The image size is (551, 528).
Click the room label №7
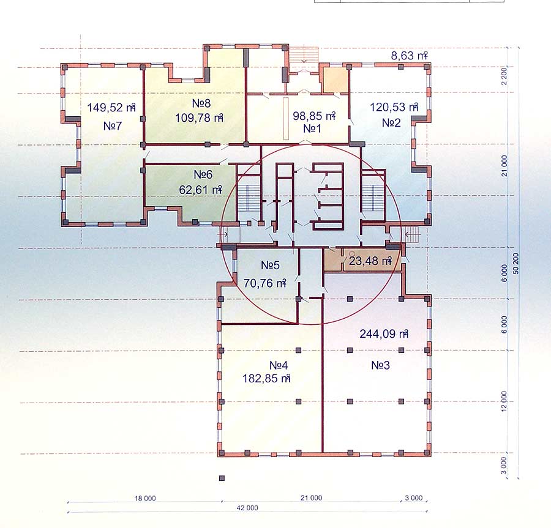click(x=113, y=125)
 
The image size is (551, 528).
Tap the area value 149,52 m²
click(x=111, y=108)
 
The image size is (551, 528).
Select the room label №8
click(x=201, y=103)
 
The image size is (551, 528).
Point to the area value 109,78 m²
click(x=199, y=117)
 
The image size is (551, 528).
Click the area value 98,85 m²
click(x=314, y=116)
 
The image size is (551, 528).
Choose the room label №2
click(x=391, y=123)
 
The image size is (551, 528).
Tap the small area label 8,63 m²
click(x=409, y=56)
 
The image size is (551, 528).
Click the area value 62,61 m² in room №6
click(x=201, y=190)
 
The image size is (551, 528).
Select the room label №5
click(x=270, y=265)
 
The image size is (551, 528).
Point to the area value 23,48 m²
click(x=370, y=261)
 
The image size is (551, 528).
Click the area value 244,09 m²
click(x=384, y=333)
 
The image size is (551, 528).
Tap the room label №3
click(x=381, y=365)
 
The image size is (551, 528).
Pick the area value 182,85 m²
click(x=266, y=379)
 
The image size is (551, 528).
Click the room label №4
click(x=279, y=365)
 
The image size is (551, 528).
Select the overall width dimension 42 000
click(x=247, y=508)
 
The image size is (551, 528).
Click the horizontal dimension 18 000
click(x=145, y=498)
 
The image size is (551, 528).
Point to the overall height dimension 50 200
click(x=515, y=264)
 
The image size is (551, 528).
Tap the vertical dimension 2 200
click(x=504, y=76)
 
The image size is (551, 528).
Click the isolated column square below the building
click(x=222, y=478)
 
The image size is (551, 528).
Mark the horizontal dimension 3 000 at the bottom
click(x=414, y=498)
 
